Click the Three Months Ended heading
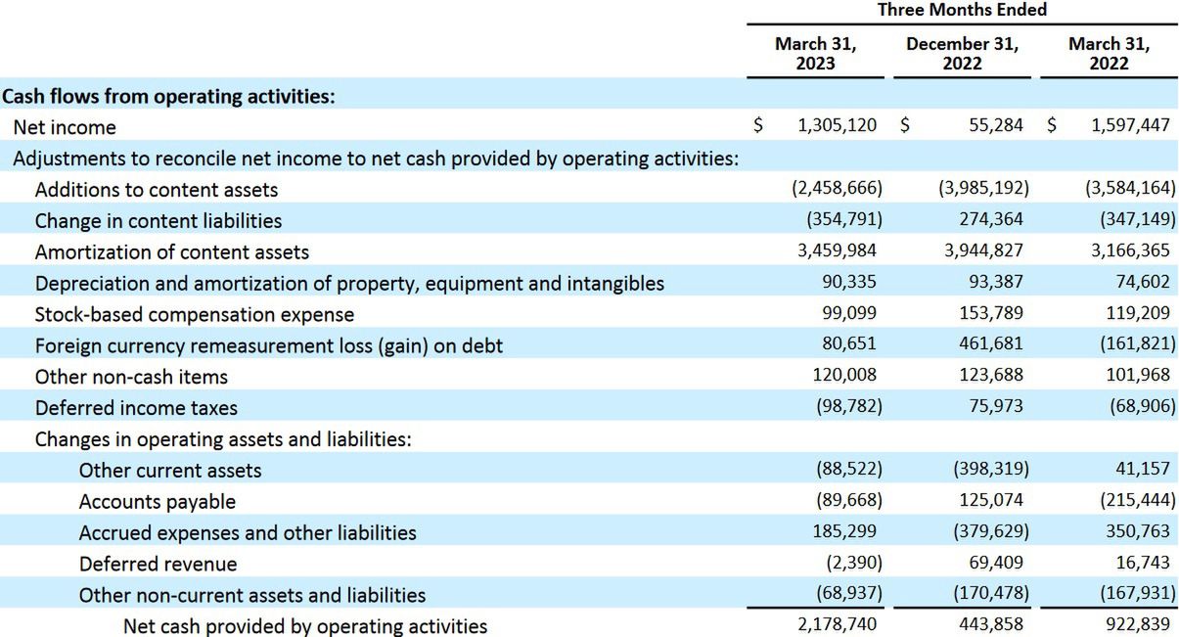(x=962, y=10)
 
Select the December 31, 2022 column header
(x=962, y=53)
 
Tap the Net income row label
(x=65, y=127)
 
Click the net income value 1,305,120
(x=837, y=126)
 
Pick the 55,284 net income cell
(x=995, y=126)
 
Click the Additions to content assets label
(x=157, y=190)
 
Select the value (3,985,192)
(x=983, y=189)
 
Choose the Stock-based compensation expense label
(x=195, y=314)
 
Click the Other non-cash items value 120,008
(x=844, y=376)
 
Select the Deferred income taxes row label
(x=136, y=408)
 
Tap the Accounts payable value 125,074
(x=990, y=501)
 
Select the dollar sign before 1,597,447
(x=1052, y=126)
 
